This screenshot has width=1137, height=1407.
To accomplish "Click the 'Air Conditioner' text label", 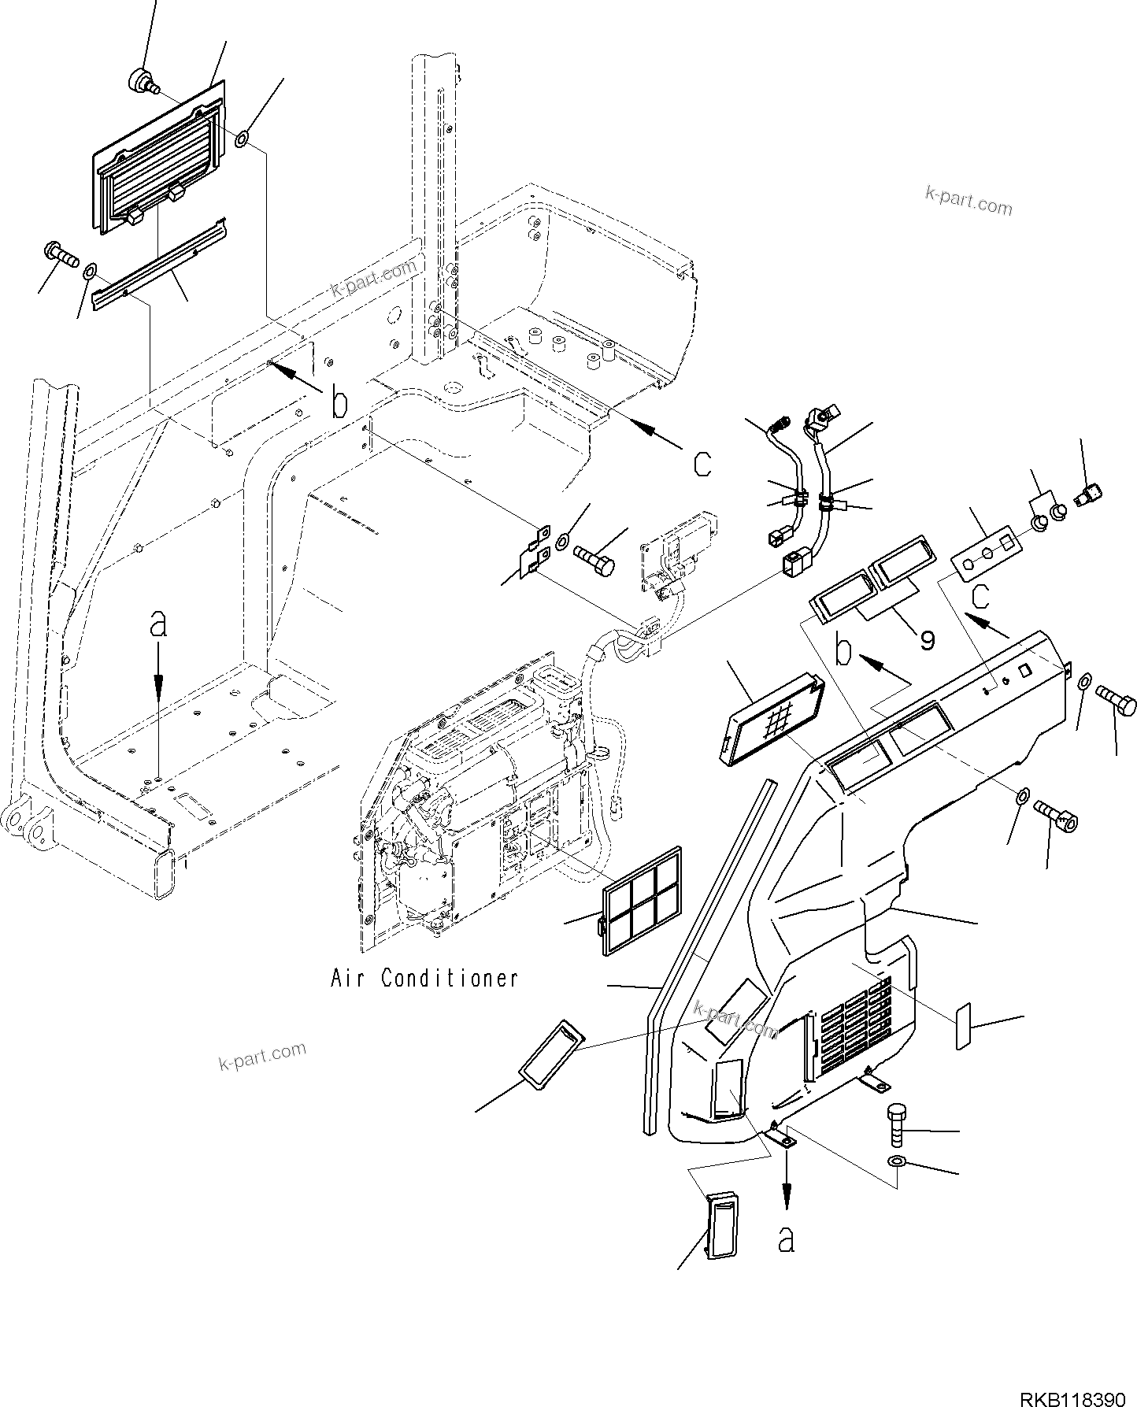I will point(424,979).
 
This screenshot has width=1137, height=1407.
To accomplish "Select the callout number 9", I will point(928,640).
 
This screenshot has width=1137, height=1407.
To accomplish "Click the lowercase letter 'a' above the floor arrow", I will point(159,624).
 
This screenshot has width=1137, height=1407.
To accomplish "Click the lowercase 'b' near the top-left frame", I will point(339,403).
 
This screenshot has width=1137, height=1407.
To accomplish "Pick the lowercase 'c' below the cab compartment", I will point(702,464).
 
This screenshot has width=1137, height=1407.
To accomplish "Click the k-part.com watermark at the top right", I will point(968,202).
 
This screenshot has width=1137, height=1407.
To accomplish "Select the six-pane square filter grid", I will point(642,902).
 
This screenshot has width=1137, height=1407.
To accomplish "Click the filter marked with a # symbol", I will point(772,716).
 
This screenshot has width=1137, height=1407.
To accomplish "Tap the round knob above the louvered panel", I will point(141,80).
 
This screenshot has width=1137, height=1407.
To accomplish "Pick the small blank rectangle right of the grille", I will point(964,1026).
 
